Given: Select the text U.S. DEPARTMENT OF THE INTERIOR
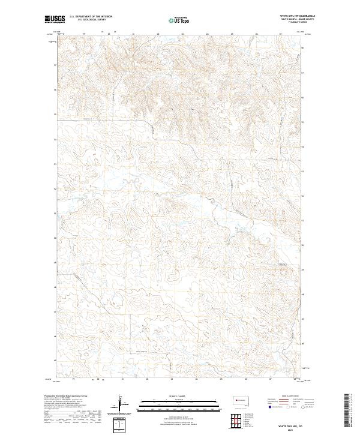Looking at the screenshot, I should pos(91,16).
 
